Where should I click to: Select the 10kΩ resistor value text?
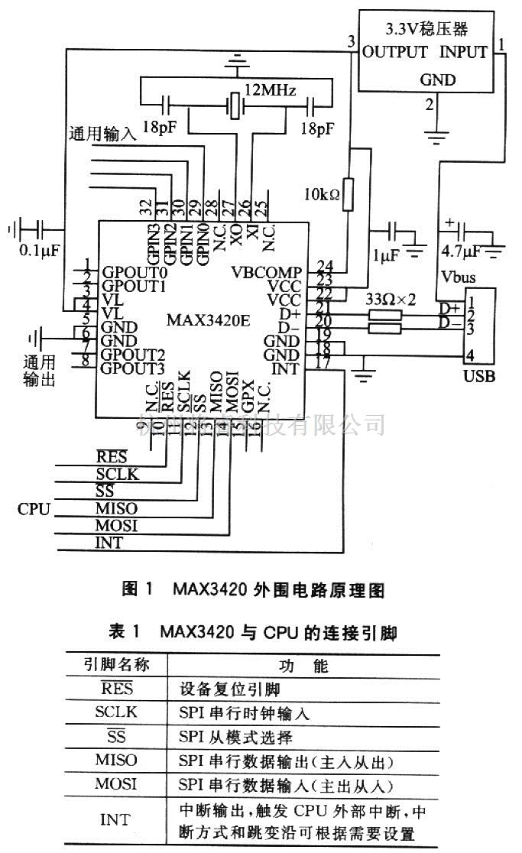pos(321,194)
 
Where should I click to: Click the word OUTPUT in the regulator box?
pos(394,53)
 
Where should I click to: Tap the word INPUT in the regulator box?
pos(463,53)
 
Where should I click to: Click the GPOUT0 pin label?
pos(135,272)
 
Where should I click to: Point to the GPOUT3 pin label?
pos(135,368)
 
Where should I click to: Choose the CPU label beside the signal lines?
pos(34,508)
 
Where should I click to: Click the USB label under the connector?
pos(479,376)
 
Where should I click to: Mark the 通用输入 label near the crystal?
pos(102,131)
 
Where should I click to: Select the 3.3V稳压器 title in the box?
pos(427,30)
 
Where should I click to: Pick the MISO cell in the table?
pos(116,761)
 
